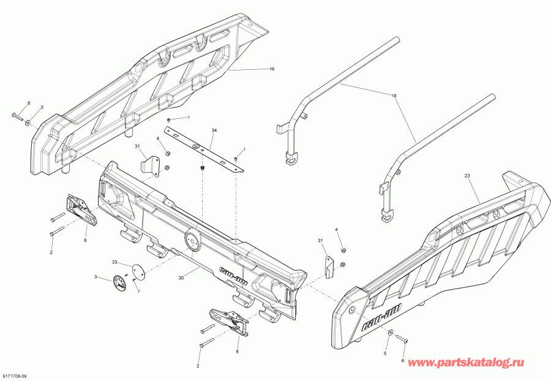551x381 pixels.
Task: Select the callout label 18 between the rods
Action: coord(394,97)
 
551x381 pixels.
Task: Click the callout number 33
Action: coord(114,262)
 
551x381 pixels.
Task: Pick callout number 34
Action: coord(214,131)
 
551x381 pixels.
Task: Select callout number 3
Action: coord(96,277)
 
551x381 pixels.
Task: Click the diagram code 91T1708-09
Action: coord(15,375)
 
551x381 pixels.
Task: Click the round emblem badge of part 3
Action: coord(118,283)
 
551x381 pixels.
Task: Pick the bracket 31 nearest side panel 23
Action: coord(329,264)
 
